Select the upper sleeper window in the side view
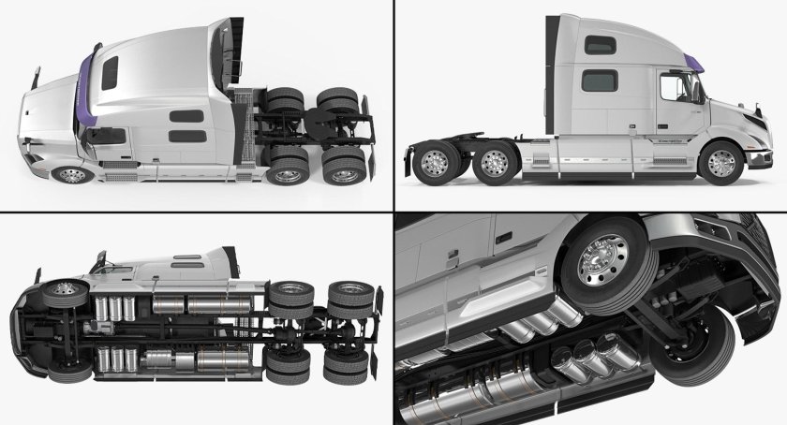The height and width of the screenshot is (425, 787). [596, 46]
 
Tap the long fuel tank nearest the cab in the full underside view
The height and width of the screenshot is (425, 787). [220, 303]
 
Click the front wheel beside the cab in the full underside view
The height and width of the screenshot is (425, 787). [61, 293]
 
